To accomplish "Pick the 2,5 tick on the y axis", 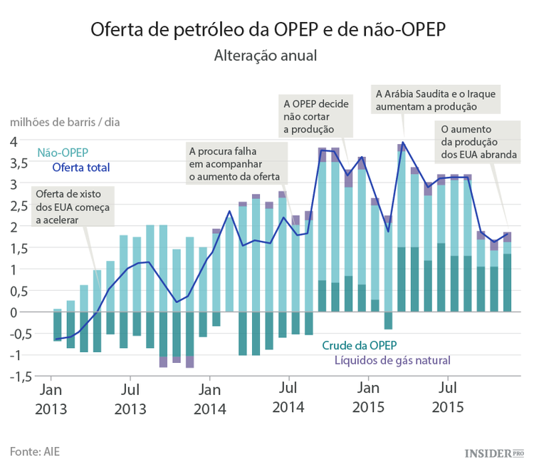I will click(19, 205).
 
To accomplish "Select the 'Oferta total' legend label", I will click(80, 168).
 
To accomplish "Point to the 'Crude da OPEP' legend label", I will click(359, 345).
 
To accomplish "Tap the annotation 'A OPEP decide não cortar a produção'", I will click(315, 116).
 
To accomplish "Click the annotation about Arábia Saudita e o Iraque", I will click(435, 99).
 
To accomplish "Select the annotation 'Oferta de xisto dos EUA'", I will click(72, 207).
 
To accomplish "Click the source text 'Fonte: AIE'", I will click(34, 451).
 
